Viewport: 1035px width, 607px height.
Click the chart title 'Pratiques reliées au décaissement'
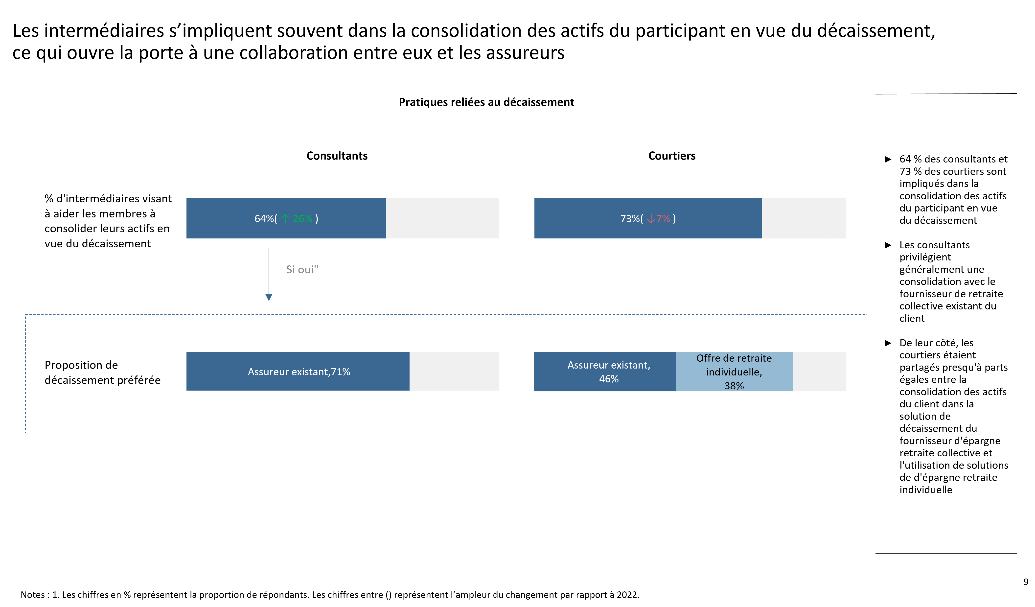coord(486,102)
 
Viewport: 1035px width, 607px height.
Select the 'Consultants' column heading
coord(337,156)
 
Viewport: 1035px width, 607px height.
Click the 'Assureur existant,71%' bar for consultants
coord(298,371)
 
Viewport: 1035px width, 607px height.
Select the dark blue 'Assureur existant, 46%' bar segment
coord(605,372)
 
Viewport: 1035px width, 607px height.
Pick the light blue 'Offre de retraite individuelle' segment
coord(734,372)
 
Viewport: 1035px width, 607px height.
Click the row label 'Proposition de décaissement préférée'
coord(102,373)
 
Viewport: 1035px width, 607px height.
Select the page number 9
coord(1026,582)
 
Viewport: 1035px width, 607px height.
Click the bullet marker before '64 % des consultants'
coord(888,159)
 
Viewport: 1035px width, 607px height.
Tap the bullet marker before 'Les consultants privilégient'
coord(888,245)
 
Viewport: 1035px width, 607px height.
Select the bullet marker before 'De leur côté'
coord(888,343)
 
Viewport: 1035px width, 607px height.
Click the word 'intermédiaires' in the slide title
coord(104,31)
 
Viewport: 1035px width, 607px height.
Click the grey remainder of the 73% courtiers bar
coord(804,218)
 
